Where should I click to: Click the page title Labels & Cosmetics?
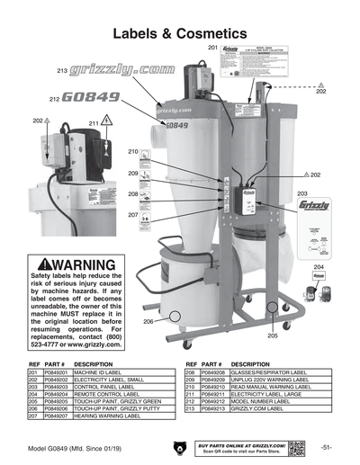[179, 32]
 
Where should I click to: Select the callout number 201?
[212, 47]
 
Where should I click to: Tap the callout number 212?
[54, 98]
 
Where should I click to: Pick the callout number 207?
[132, 215]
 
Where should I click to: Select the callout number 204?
[319, 268]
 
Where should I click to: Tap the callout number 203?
[302, 193]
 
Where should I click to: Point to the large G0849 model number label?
[95, 97]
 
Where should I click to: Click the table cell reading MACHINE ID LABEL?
[104, 371]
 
